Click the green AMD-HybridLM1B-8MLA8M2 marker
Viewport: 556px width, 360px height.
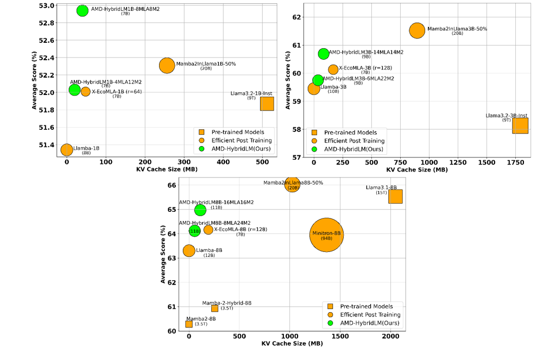point(83,10)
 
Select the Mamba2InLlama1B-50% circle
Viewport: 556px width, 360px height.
point(167,65)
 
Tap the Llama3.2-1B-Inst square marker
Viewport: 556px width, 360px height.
point(267,103)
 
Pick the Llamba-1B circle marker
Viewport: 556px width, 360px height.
point(67,149)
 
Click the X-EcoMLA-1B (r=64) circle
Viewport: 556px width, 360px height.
point(85,91)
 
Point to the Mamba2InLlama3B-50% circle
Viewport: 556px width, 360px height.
point(417,30)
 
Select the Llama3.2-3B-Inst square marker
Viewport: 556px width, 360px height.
point(520,125)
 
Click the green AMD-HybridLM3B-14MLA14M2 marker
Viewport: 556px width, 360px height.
point(324,54)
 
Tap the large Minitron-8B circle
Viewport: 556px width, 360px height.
point(326,235)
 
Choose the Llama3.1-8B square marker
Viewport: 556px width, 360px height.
point(395,197)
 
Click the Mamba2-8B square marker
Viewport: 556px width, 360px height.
point(189,324)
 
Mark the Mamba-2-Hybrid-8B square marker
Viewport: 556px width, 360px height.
point(214,308)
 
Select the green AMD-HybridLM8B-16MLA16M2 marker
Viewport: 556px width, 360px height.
point(200,210)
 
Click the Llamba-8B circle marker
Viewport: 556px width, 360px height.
point(189,250)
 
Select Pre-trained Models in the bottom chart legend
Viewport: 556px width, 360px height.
point(366,306)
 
